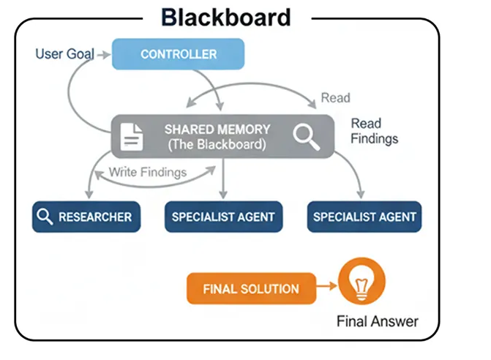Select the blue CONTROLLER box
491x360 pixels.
[x=178, y=54]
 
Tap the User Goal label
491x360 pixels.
[x=64, y=54]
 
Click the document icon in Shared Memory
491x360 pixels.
[x=132, y=137]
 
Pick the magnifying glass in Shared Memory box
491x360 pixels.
[x=307, y=136]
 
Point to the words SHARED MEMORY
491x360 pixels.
[x=217, y=129]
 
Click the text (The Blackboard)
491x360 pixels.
[x=217, y=144]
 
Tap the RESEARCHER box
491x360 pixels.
[x=86, y=217]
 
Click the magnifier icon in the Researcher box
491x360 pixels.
[x=45, y=217]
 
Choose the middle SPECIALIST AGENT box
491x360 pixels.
[x=222, y=217]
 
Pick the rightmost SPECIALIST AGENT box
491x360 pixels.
[x=364, y=217]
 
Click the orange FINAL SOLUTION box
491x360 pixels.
[x=250, y=288]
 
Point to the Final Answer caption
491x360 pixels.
[x=378, y=321]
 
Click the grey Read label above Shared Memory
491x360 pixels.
[x=335, y=98]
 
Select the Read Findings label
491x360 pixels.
[x=374, y=131]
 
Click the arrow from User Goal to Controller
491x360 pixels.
[x=103, y=54]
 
